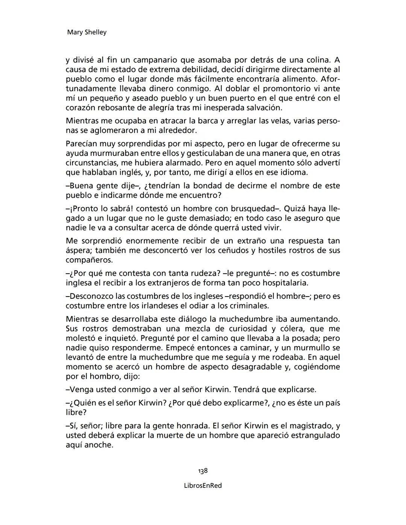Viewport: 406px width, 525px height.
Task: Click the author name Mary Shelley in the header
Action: pyautogui.click(x=86, y=32)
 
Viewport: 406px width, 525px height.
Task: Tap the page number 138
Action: pyautogui.click(x=203, y=471)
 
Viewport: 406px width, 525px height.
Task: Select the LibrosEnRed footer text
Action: pyautogui.click(x=203, y=486)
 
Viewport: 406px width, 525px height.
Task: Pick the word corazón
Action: pyautogui.click(x=80, y=108)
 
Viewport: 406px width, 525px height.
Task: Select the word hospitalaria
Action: pyautogui.click(x=285, y=283)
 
